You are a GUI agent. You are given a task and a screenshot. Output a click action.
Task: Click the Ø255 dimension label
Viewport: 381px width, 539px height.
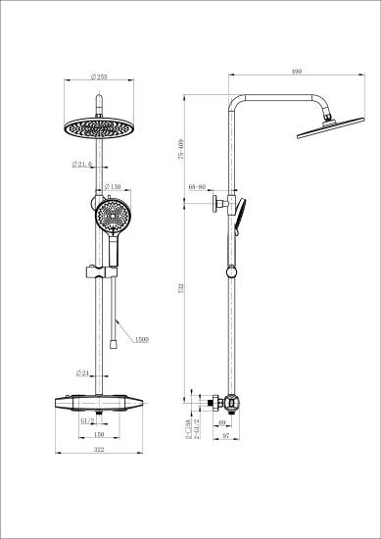(x=97, y=76)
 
